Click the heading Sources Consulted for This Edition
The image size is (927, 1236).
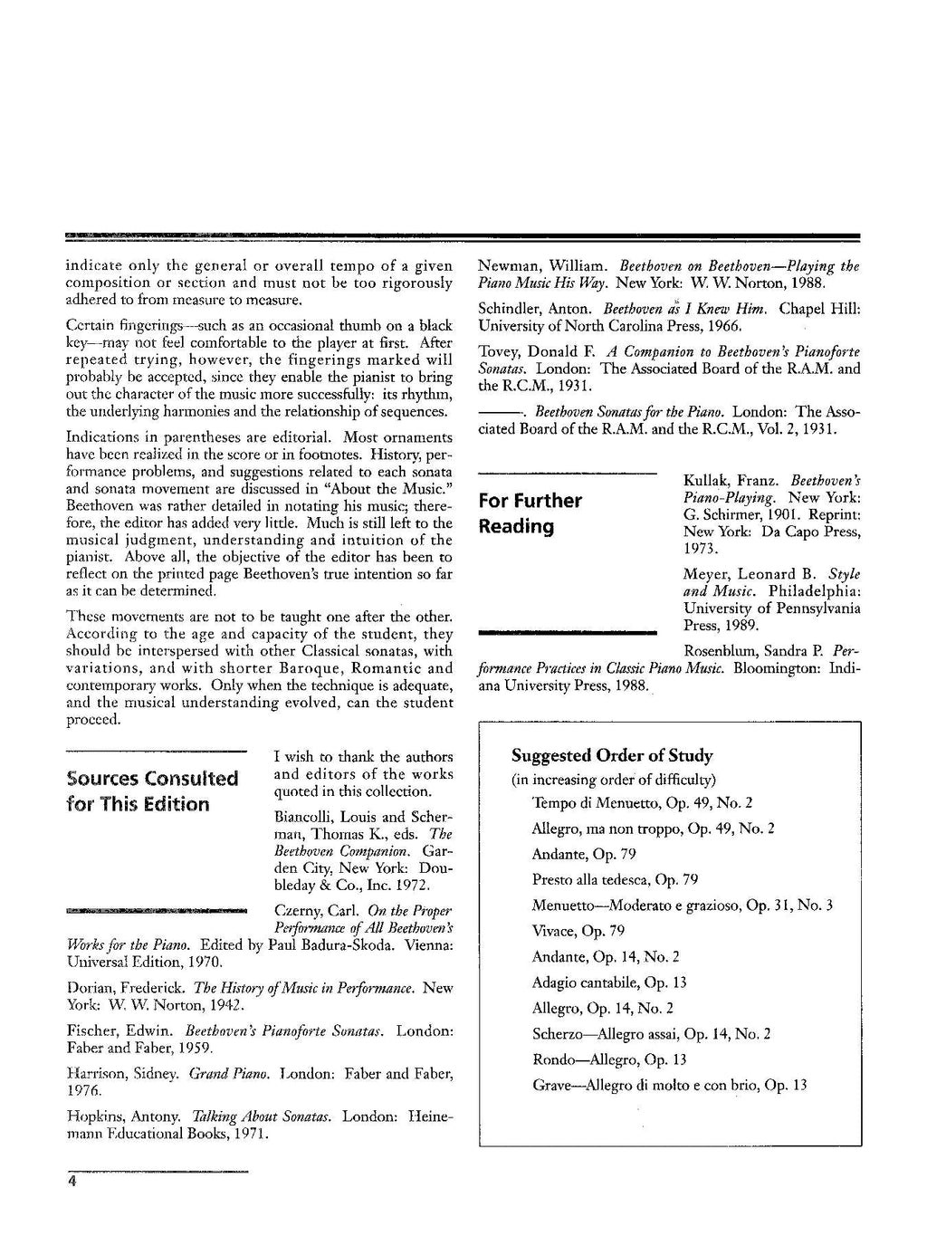pyautogui.click(x=152, y=791)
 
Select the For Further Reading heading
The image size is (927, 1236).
pyautogui.click(x=530, y=513)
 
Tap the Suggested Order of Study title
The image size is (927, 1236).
pyautogui.click(x=612, y=756)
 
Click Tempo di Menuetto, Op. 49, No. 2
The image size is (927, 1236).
pyautogui.click(x=642, y=803)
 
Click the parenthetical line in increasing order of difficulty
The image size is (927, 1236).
pyautogui.click(x=614, y=780)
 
